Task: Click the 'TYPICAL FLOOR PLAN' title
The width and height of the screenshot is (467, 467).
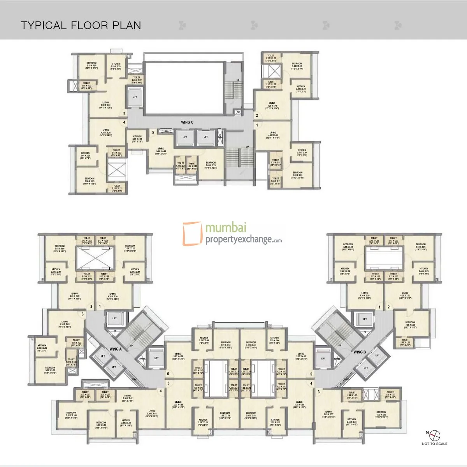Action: pos(81,26)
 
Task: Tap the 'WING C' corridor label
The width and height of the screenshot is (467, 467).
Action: pos(187,122)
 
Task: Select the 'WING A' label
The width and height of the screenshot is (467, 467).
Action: pos(116,349)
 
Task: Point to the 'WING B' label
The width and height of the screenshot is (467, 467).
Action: pos(360,352)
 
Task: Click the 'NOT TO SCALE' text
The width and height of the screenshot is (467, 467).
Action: pos(434,444)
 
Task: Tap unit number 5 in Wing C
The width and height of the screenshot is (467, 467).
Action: pos(153,133)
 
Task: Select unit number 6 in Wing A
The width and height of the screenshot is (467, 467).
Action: pos(168,374)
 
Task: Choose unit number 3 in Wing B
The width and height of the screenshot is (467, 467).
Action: pos(318,392)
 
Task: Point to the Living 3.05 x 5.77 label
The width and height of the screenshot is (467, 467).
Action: pos(328,413)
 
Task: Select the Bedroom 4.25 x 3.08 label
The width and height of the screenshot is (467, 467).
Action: pos(381,413)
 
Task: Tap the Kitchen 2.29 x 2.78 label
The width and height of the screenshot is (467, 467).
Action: pos(116,65)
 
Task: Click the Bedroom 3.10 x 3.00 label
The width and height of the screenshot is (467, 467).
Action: pos(91,65)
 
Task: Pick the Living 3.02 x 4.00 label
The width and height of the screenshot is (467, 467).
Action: pos(161,151)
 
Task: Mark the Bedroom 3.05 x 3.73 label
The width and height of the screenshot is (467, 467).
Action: pos(211,165)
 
